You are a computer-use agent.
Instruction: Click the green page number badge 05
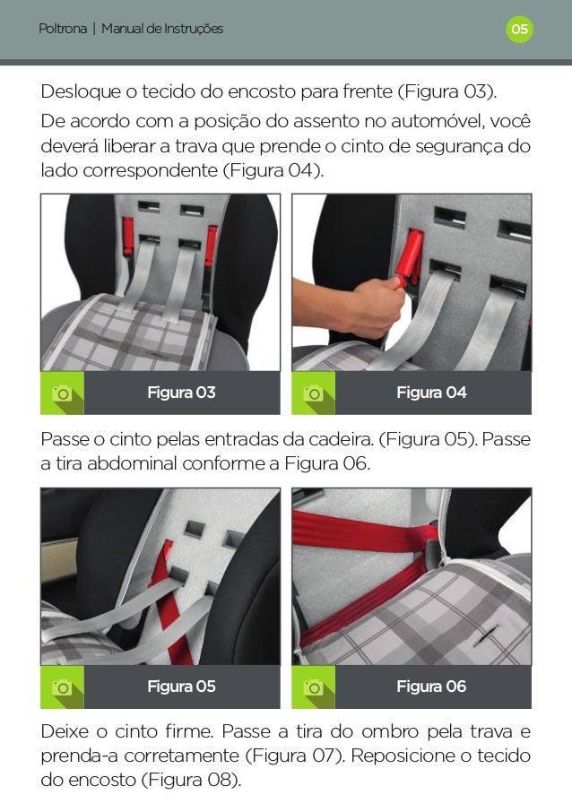(x=519, y=29)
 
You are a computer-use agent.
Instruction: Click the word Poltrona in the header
(x=63, y=29)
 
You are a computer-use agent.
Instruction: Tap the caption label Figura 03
(x=181, y=393)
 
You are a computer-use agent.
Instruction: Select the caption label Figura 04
(x=431, y=393)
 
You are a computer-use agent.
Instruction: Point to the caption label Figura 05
(x=181, y=687)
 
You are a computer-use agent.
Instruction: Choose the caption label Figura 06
(x=431, y=687)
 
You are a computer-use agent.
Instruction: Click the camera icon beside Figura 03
(x=62, y=393)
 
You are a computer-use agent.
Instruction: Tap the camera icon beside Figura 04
(x=313, y=393)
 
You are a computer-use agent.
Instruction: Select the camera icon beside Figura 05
(x=62, y=687)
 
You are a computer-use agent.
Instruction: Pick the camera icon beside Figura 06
(x=313, y=687)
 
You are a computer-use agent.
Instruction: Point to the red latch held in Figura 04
(x=410, y=256)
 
